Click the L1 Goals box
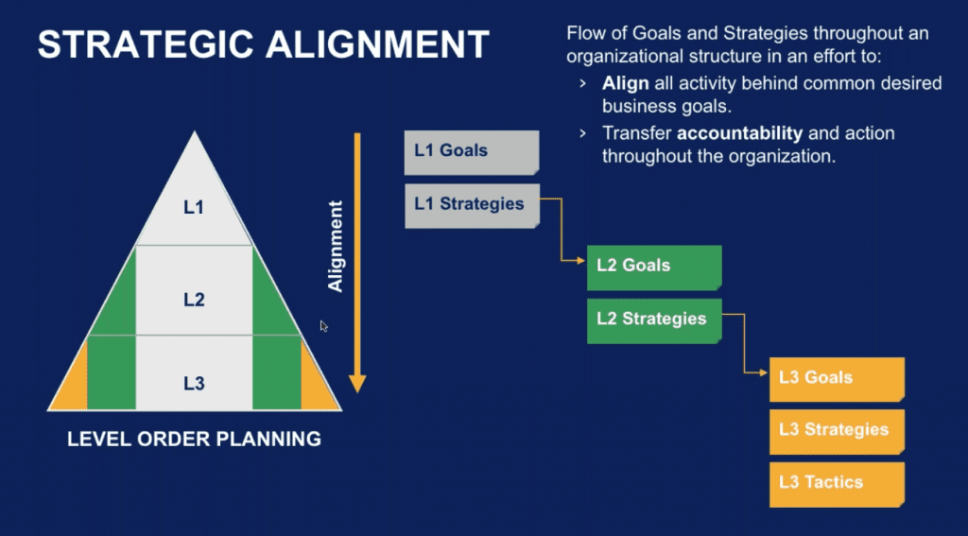coord(472,152)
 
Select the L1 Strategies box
coord(472,206)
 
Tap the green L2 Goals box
coord(654,268)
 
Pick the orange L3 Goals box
coord(838,379)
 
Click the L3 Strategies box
coord(838,432)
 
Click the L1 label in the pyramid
coord(194,207)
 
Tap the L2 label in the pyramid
coord(194,300)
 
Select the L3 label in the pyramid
coord(194,384)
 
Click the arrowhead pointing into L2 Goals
coord(581,261)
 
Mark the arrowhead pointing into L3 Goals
coord(764,373)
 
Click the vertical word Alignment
coord(336,246)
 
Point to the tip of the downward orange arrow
coord(357,392)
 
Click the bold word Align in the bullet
coord(626,83)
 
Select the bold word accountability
coord(739,132)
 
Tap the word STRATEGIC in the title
coord(146,44)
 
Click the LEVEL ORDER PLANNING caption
coord(195,439)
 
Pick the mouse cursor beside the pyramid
coord(323,326)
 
